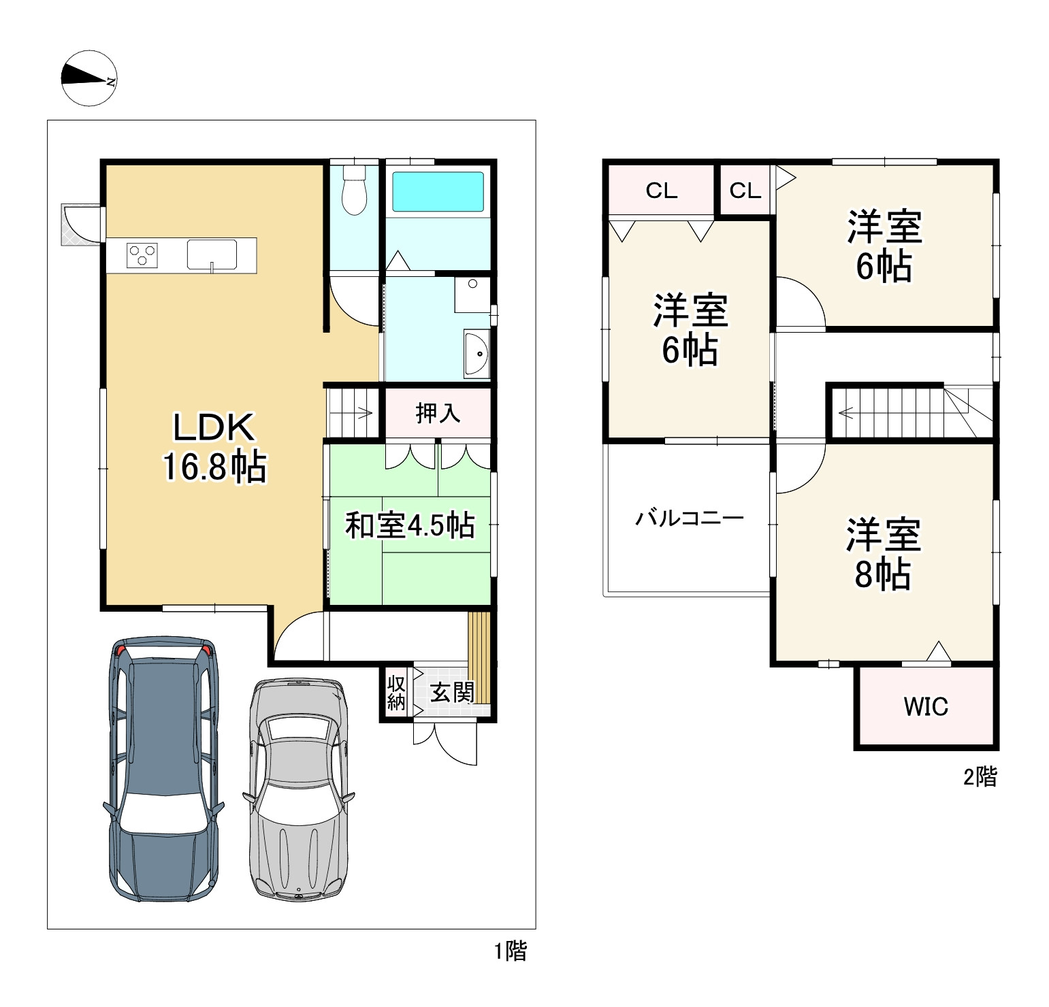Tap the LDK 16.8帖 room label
pos(214,447)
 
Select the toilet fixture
pos(354,188)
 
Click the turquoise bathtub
pos(438,192)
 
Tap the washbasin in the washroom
pos(476,353)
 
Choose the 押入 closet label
pos(438,413)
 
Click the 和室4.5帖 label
pos(410,525)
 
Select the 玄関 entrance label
pos(452,693)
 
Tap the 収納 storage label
pos(396,693)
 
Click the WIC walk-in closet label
pos(926,706)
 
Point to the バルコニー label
pos(690,518)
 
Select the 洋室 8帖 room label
pos(884,554)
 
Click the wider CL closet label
pos(662,191)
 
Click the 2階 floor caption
pos(980,776)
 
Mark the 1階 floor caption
pos(511,951)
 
